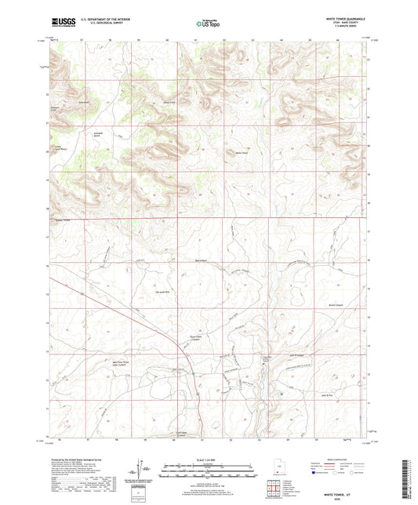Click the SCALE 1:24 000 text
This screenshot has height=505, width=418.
[209, 460]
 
